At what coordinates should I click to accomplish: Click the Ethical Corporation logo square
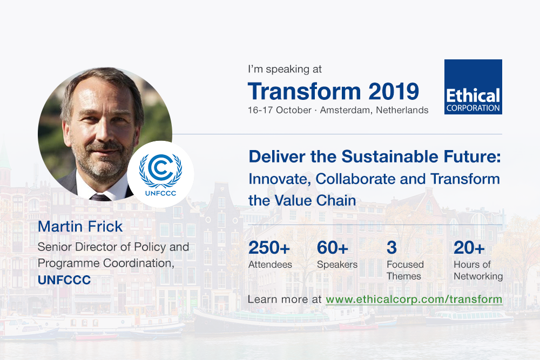tap(473, 87)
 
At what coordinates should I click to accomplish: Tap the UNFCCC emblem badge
tap(160, 174)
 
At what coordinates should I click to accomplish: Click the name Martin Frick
tap(80, 227)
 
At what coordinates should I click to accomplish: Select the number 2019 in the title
tap(394, 91)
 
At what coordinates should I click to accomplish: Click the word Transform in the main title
tap(305, 91)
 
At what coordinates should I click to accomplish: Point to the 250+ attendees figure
tap(269, 247)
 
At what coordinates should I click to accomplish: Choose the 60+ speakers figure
tap(333, 247)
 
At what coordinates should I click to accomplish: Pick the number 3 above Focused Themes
tap(391, 247)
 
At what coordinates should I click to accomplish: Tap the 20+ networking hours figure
tap(469, 247)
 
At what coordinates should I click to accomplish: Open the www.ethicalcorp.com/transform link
tap(414, 299)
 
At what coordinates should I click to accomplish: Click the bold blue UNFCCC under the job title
tap(64, 280)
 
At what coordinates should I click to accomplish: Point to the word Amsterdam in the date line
tap(347, 110)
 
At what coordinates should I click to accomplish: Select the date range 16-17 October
tap(280, 110)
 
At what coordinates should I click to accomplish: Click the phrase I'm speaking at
tap(285, 69)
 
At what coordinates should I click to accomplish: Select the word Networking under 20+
tap(478, 276)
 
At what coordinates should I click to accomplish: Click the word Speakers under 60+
tap(337, 264)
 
